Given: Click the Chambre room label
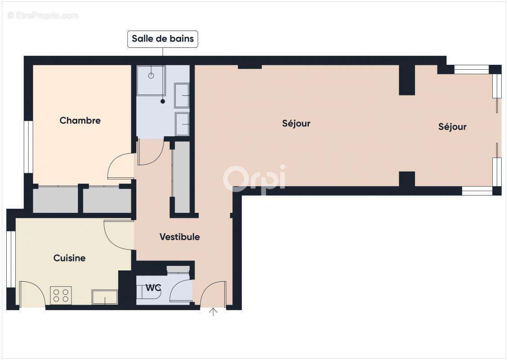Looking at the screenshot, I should click(80, 121).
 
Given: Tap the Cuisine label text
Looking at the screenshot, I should click(69, 258).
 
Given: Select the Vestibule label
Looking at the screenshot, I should click(179, 237).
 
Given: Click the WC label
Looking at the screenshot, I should click(153, 288).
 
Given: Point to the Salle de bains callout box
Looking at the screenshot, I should click(163, 39).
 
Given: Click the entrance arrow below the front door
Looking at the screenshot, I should click(213, 311).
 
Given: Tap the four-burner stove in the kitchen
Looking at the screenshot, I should click(61, 295).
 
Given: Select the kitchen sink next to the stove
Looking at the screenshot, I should click(105, 297).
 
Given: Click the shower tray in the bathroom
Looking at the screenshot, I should click(151, 80).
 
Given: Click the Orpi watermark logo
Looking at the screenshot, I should click(254, 178).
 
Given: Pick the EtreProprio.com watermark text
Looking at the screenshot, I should click(43, 15).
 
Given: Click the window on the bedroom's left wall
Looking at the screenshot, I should click(27, 147).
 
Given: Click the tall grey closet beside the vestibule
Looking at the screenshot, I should click(182, 177).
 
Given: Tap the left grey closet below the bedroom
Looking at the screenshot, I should click(55, 200).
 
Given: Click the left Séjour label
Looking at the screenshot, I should click(296, 123).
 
